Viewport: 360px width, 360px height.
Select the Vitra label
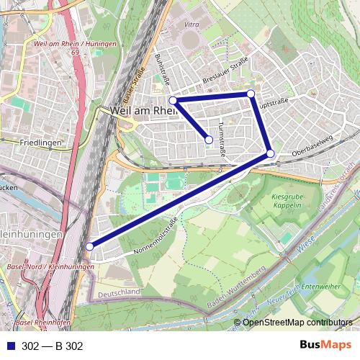pyautogui.click(x=191, y=25)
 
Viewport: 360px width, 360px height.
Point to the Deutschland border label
pyautogui.click(x=119, y=292)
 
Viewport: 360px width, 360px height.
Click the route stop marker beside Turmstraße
pyautogui.click(x=209, y=140)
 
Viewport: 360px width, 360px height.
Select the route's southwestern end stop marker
pyautogui.click(x=89, y=247)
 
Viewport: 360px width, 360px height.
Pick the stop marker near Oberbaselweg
pyautogui.click(x=270, y=153)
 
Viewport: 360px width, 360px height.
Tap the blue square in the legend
pyautogui.click(x=9, y=346)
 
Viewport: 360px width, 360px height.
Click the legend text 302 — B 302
pyautogui.click(x=53, y=346)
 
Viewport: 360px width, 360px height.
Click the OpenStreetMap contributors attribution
pyautogui.click(x=297, y=323)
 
